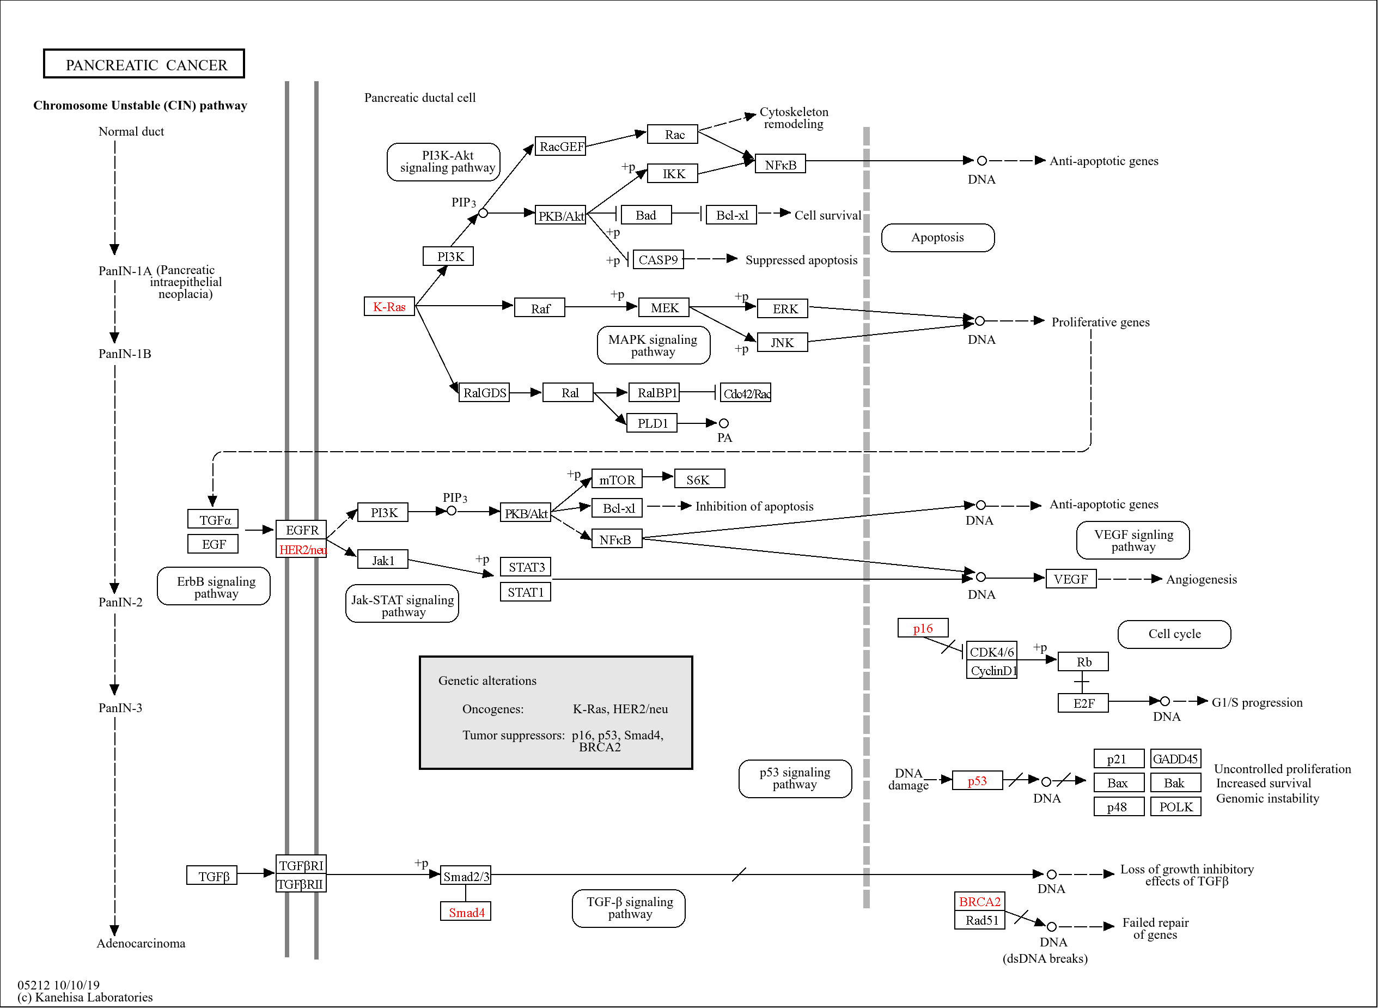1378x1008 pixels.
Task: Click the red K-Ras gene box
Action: click(389, 306)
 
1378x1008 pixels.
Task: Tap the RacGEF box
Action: click(560, 146)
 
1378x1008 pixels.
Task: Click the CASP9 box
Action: click(657, 259)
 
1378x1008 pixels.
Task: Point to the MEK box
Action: click(664, 307)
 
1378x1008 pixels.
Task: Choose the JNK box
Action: click(782, 342)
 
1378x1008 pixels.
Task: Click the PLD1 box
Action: click(651, 423)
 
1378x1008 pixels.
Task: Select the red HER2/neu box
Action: click(301, 549)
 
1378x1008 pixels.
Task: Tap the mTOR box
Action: click(616, 479)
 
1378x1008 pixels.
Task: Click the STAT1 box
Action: click(525, 592)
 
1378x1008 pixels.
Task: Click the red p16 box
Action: click(922, 628)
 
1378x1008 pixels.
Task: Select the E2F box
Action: click(1083, 703)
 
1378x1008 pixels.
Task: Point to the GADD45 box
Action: click(1175, 758)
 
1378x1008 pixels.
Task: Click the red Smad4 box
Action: click(466, 912)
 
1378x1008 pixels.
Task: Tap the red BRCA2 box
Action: click(979, 901)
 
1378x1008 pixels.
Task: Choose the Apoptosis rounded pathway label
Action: click(937, 238)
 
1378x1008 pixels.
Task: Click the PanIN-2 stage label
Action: click(120, 602)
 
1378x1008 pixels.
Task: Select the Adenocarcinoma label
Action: click(141, 943)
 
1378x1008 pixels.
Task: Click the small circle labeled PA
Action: click(723, 423)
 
